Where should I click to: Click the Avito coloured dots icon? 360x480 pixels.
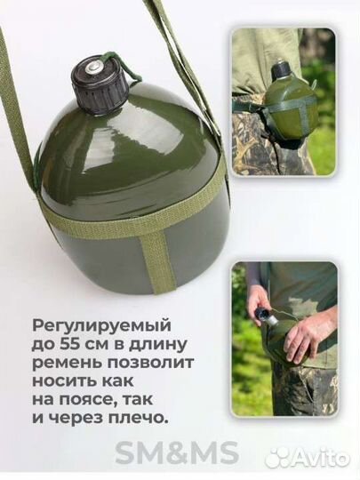pyautogui.click(x=277, y=456)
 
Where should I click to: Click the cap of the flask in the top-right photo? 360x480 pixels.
pyautogui.click(x=282, y=69)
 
